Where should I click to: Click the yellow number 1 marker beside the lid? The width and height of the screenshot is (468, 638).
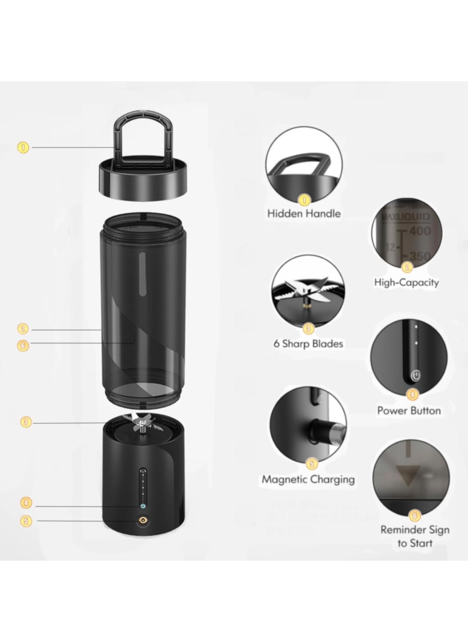click(23, 147)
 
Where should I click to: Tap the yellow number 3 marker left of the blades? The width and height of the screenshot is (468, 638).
click(26, 422)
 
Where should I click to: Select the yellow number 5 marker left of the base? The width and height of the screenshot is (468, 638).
click(26, 521)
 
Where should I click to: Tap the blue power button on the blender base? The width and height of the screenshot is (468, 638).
click(143, 506)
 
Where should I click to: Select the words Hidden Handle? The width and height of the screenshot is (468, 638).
click(304, 214)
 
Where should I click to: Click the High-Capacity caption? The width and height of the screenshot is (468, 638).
click(406, 282)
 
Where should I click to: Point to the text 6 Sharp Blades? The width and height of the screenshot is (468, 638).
click(308, 344)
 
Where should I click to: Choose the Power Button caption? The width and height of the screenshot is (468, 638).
click(409, 410)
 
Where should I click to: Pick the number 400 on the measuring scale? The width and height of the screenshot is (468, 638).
click(420, 231)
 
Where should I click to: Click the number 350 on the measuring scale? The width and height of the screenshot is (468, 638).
click(420, 257)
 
